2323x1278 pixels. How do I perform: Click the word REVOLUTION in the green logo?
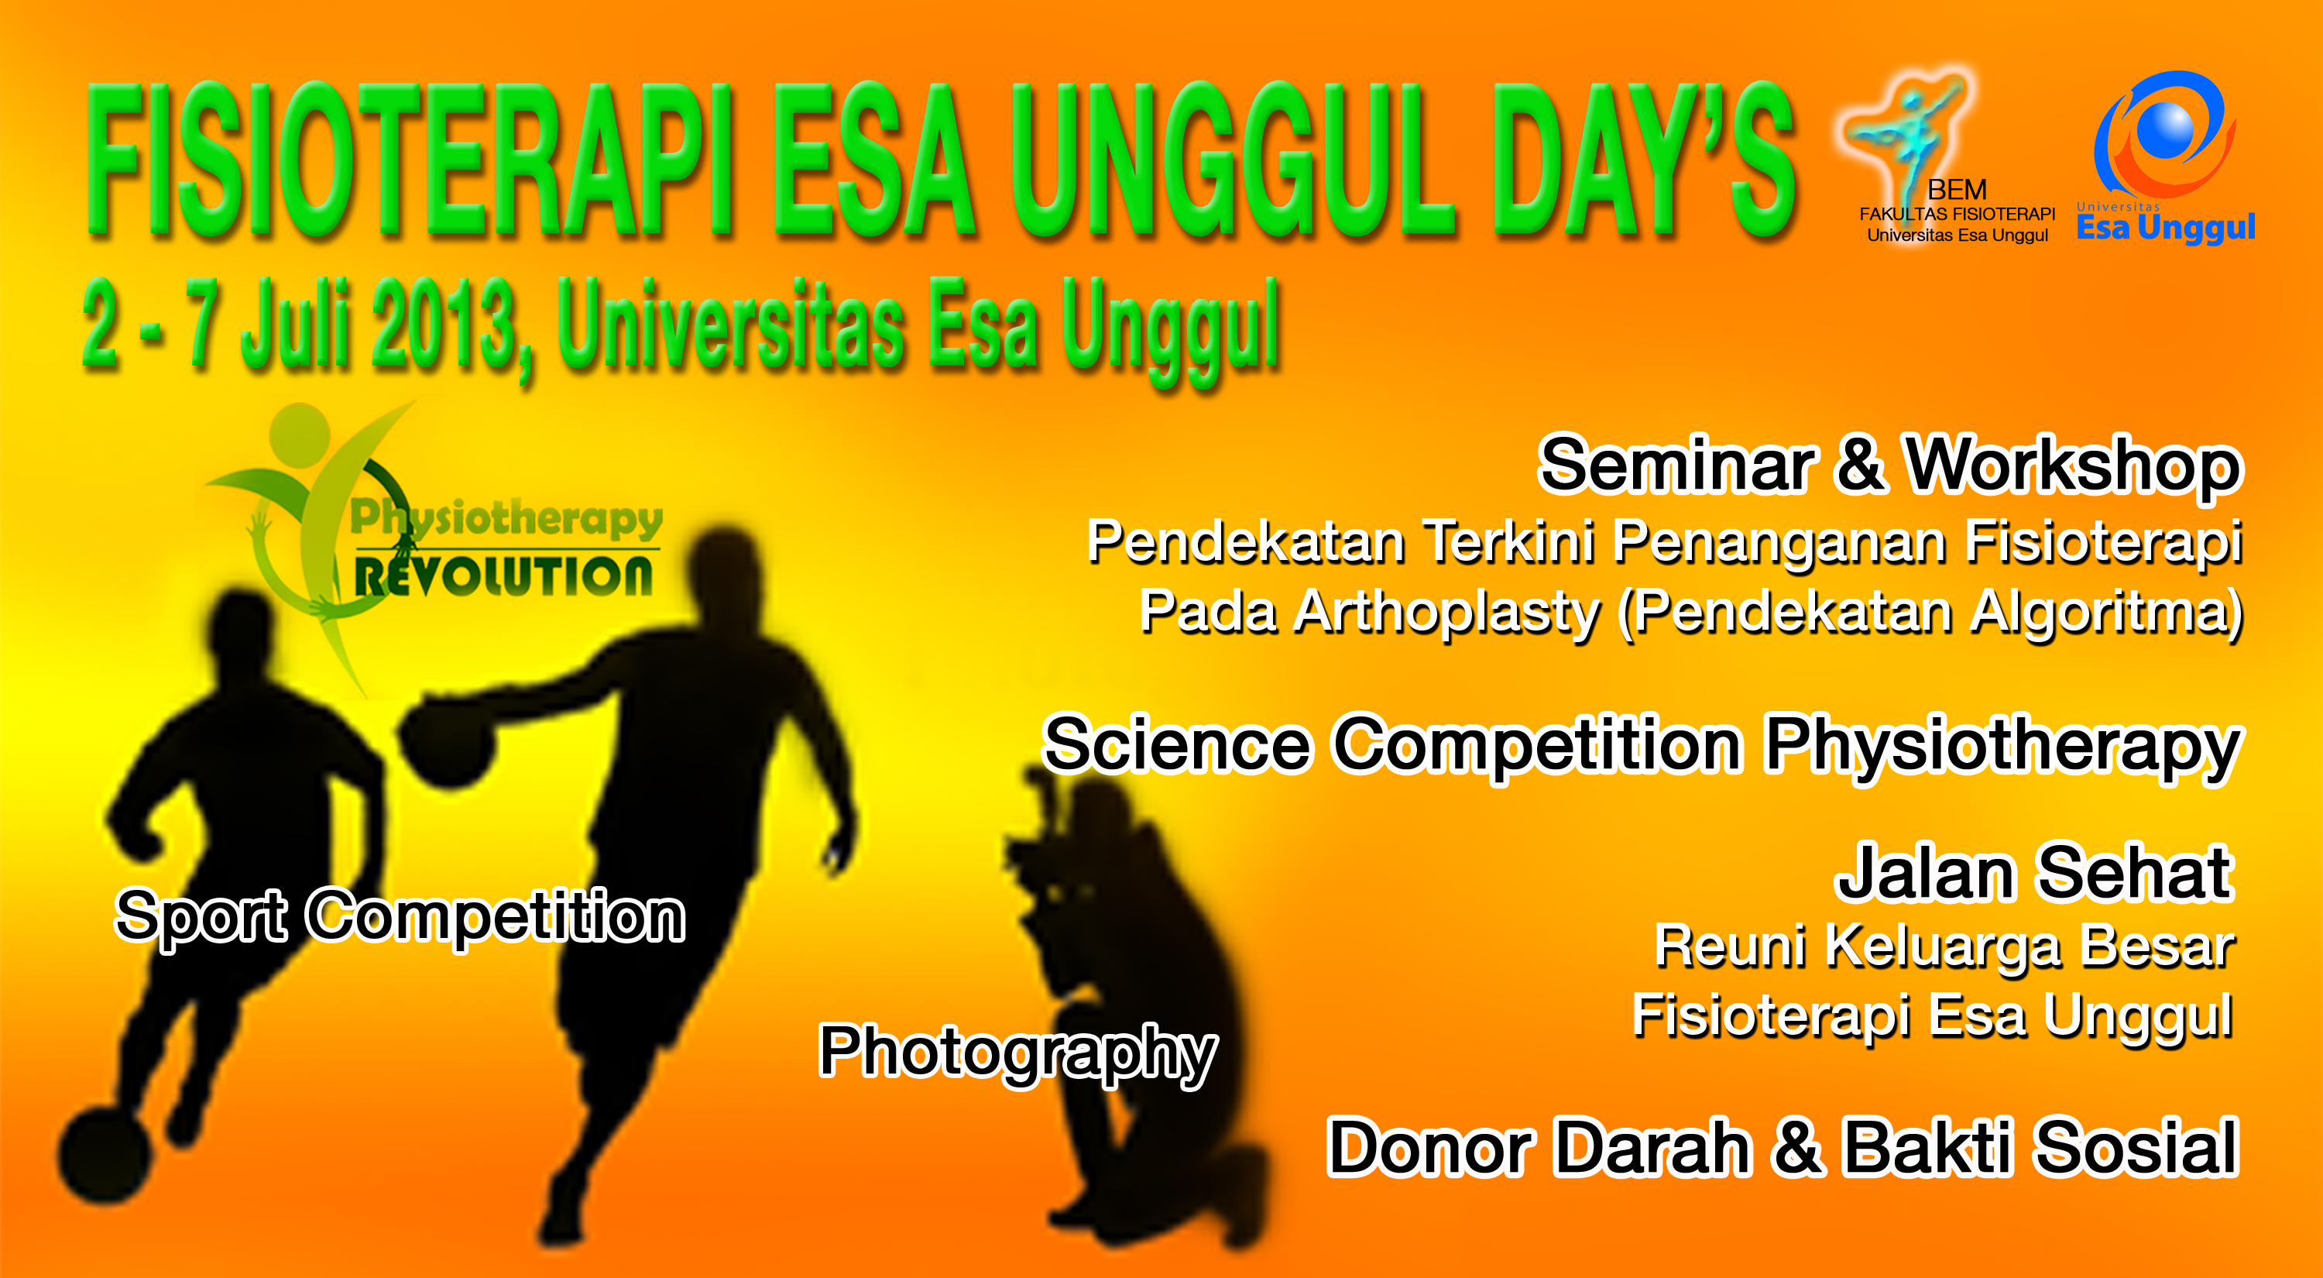pyautogui.click(x=503, y=576)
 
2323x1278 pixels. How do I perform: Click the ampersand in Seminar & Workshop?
pyautogui.click(x=1858, y=466)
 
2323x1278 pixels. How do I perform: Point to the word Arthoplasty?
pyautogui.click(x=1446, y=613)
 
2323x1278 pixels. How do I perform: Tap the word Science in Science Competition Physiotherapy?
pyautogui.click(x=1178, y=745)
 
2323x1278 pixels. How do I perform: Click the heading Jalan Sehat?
pyautogui.click(x=2035, y=872)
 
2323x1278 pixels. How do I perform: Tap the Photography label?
pyautogui.click(x=1018, y=1053)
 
